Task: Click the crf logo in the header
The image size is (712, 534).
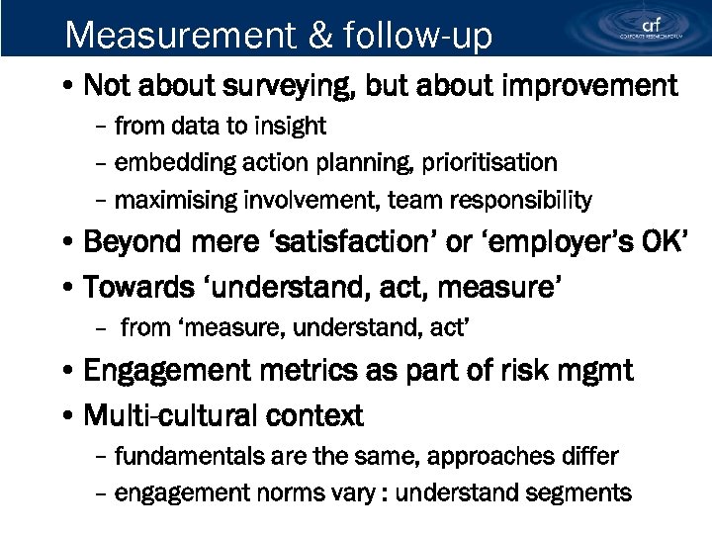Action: [x=650, y=27]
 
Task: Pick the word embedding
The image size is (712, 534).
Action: [x=163, y=162]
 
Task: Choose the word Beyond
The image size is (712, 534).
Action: [x=133, y=243]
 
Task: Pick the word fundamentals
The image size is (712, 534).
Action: [x=190, y=457]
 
